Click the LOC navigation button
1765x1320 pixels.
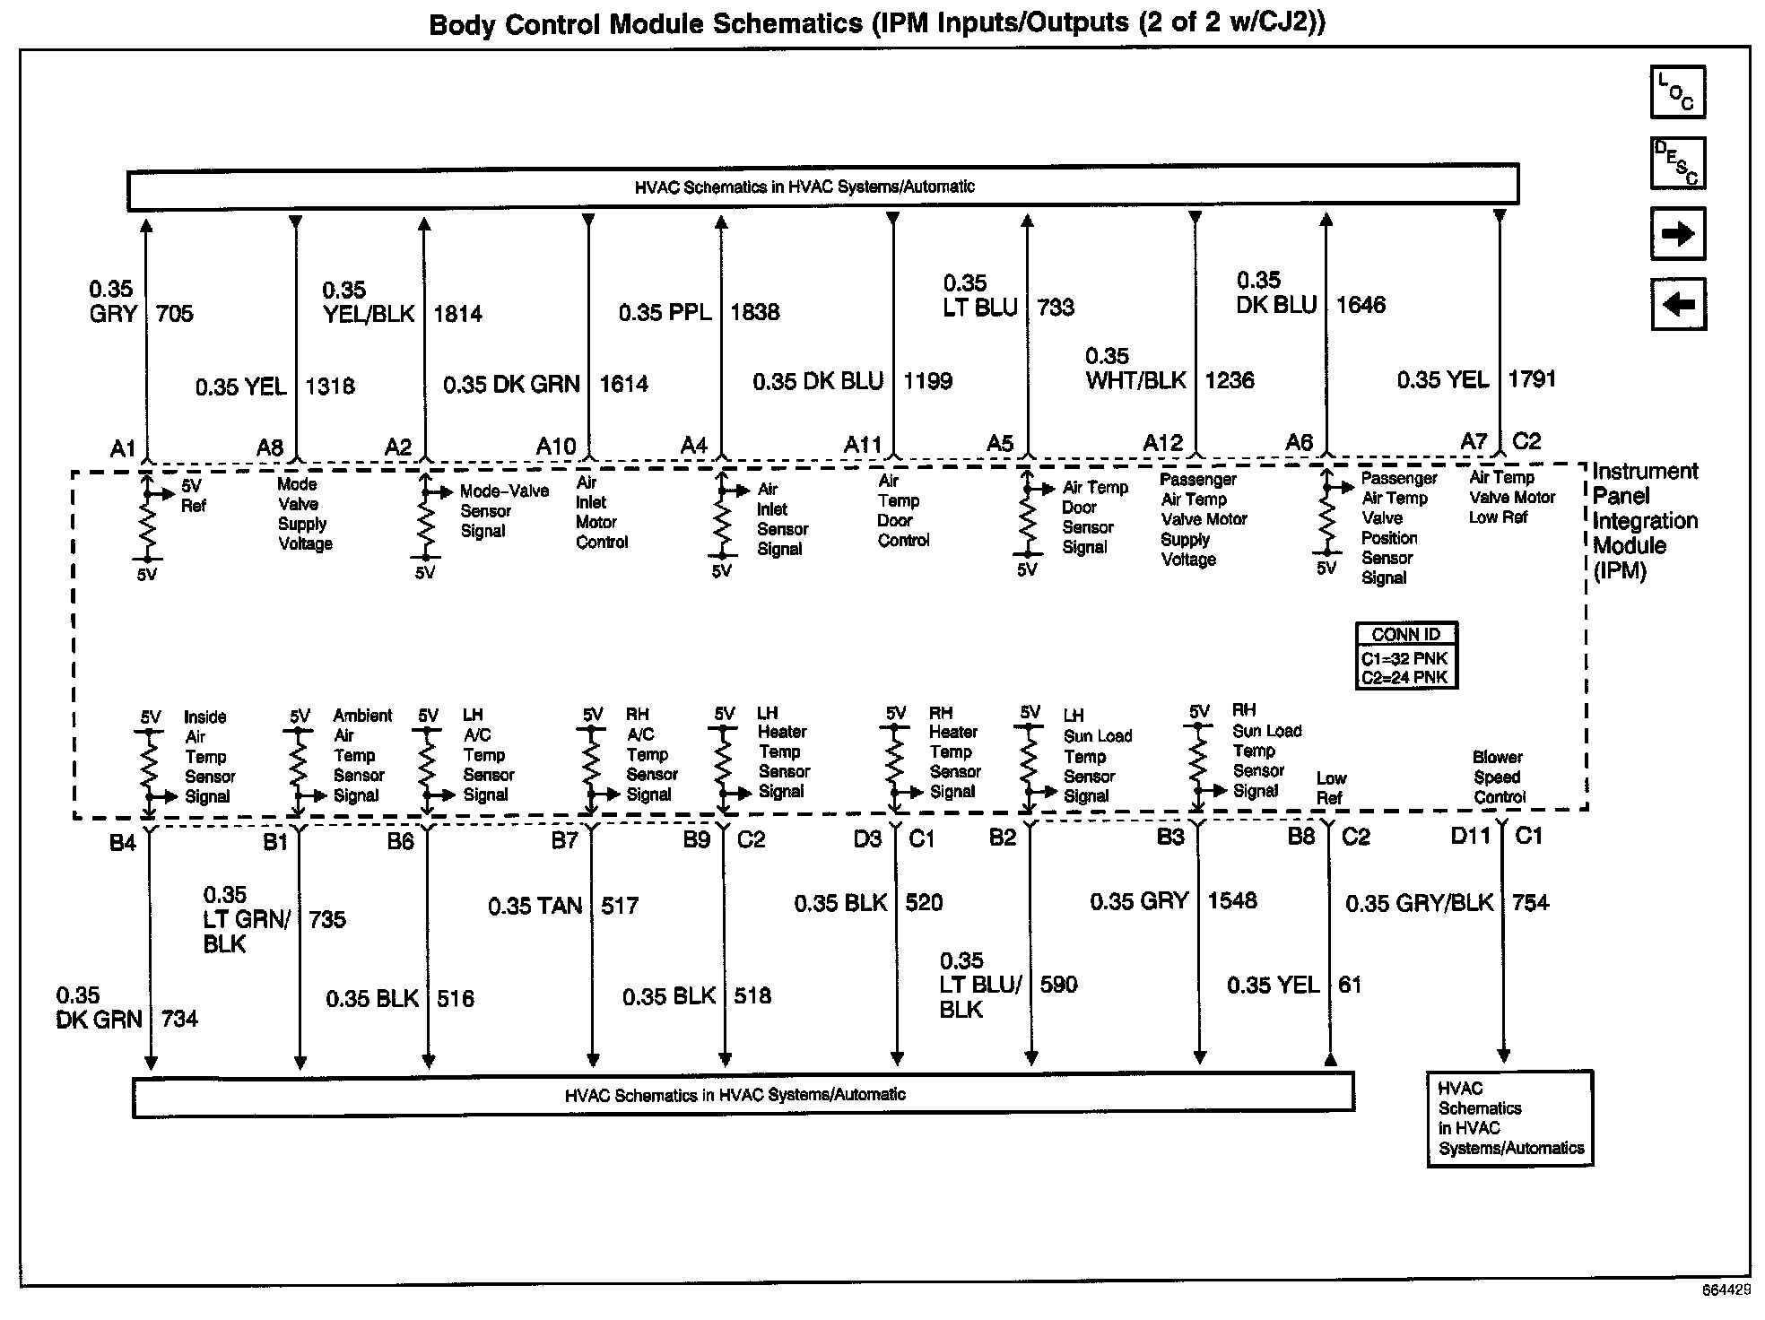coord(1677,92)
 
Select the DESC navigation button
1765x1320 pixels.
coord(1677,163)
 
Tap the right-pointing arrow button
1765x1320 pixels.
coord(1677,234)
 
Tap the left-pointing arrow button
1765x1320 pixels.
coord(1677,305)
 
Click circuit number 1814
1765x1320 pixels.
coord(457,314)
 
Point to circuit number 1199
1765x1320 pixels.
coord(927,382)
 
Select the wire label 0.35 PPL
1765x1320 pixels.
coord(665,313)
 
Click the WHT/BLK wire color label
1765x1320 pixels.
coord(1135,380)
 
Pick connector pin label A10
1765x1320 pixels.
coord(556,446)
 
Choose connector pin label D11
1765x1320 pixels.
coord(1470,837)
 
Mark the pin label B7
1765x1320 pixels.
coord(564,840)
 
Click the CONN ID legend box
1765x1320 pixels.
coord(1405,656)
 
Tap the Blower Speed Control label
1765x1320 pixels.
coord(1499,777)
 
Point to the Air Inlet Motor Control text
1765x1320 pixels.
coord(601,512)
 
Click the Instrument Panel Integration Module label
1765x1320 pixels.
coord(1644,521)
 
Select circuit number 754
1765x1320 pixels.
coord(1530,903)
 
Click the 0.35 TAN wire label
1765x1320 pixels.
coord(535,907)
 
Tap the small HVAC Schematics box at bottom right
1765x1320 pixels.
coord(1509,1118)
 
